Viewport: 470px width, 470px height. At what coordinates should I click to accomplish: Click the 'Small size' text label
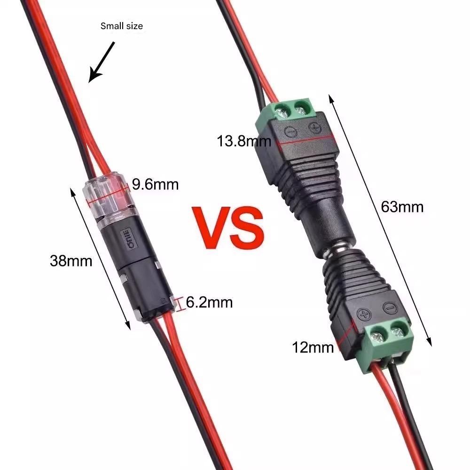pos(121,26)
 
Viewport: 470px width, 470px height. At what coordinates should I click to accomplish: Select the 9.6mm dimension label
pos(155,184)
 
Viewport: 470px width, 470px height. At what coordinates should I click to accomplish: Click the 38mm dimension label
pos(71,261)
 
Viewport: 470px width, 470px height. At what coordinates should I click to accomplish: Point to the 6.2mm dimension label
pos(209,302)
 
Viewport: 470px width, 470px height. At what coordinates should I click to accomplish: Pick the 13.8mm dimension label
pos(243,141)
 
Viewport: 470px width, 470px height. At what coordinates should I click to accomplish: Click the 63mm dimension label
pos(402,207)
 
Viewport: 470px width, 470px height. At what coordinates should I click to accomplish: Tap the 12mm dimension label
pos(313,348)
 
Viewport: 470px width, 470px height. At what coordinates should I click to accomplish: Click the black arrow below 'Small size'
pos(102,62)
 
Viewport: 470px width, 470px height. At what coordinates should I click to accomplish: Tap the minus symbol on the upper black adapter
pos(290,132)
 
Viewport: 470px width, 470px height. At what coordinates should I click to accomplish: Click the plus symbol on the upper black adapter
pos(315,128)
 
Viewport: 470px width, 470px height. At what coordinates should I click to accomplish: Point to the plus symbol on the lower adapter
pos(364,315)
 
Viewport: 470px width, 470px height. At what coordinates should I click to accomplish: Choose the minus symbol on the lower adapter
pos(390,308)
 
